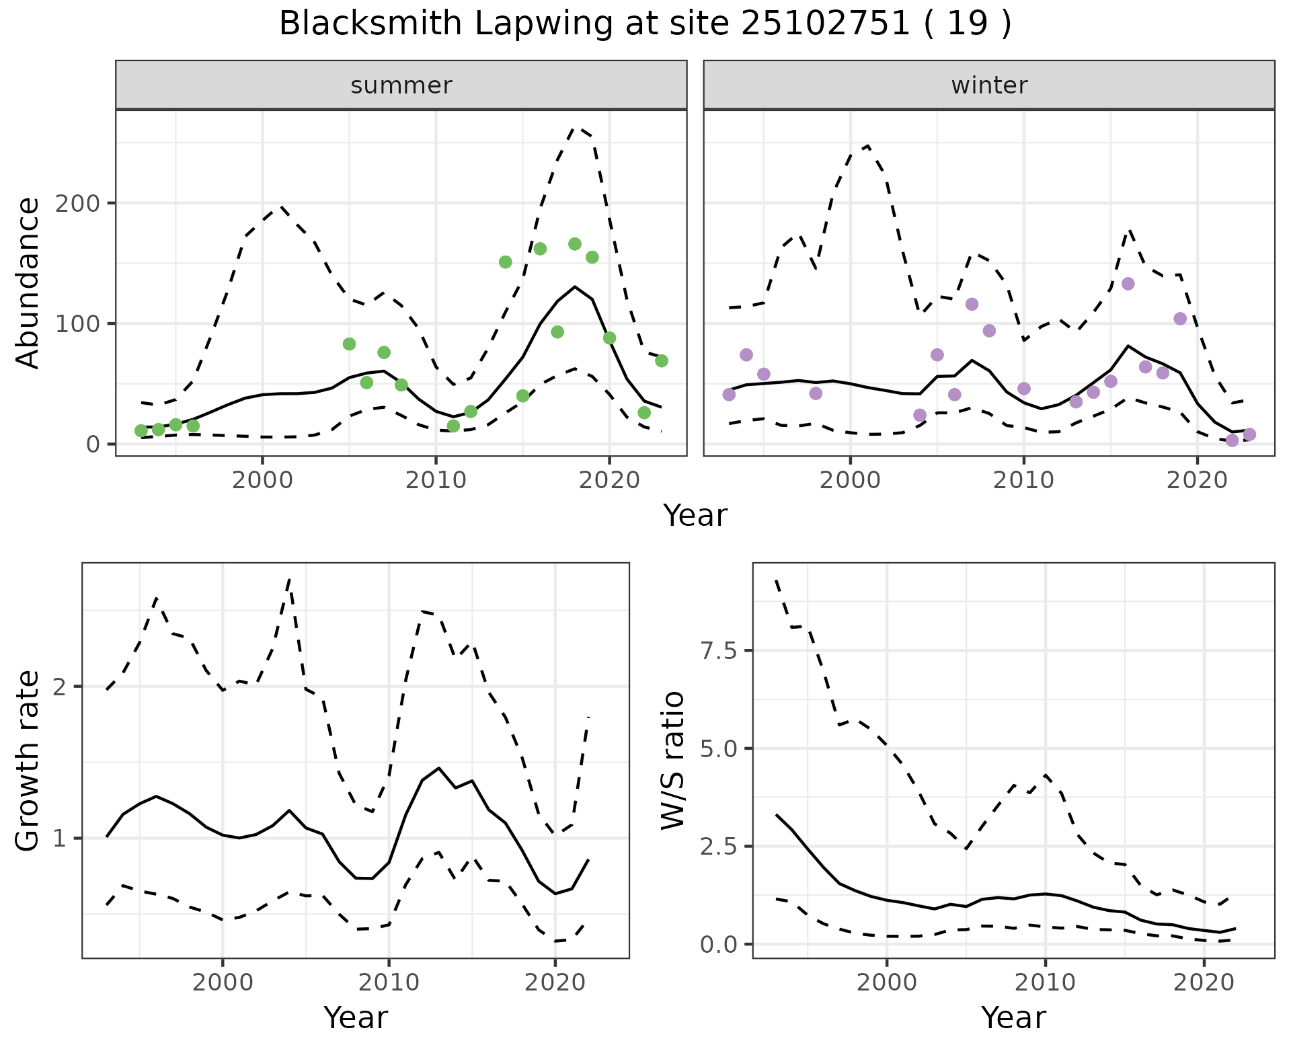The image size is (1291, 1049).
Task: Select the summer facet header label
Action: [x=401, y=85]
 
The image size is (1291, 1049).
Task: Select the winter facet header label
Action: [x=989, y=85]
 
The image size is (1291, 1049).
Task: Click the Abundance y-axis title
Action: [x=28, y=282]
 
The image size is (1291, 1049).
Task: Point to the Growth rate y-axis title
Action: [x=28, y=761]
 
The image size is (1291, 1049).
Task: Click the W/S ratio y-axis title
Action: [x=672, y=761]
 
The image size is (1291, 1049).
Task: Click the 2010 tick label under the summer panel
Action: [x=436, y=481]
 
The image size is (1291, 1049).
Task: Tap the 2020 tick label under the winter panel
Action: [x=1197, y=481]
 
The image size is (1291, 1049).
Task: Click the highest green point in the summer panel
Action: [x=575, y=244]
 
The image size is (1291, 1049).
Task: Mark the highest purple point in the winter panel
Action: [x=1128, y=284]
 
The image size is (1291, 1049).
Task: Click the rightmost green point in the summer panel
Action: [x=662, y=361]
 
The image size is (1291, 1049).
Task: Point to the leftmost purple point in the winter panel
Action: [x=729, y=395]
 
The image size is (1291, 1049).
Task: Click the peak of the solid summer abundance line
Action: [x=575, y=287]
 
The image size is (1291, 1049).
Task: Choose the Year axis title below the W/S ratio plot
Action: [x=1013, y=1018]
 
